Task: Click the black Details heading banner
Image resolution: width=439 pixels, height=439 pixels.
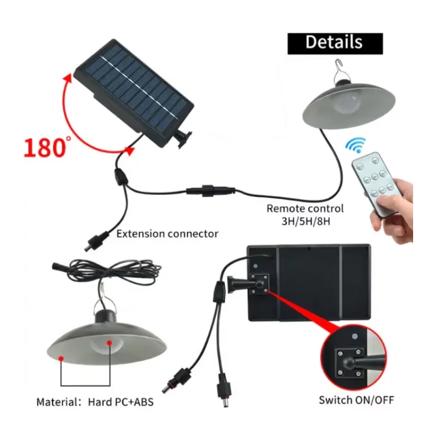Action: pyautogui.click(x=335, y=44)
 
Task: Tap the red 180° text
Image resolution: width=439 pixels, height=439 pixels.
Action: pyautogui.click(x=47, y=147)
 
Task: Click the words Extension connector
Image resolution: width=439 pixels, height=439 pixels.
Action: pyautogui.click(x=167, y=234)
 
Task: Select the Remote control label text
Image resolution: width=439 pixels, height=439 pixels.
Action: pyautogui.click(x=305, y=209)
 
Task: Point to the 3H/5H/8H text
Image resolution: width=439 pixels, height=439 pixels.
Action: pyautogui.click(x=305, y=222)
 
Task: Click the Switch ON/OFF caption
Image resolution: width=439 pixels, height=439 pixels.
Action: pyautogui.click(x=357, y=399)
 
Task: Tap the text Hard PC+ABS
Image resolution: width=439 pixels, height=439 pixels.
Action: pyautogui.click(x=121, y=402)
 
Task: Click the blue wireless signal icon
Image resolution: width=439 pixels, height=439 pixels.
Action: pyautogui.click(x=356, y=145)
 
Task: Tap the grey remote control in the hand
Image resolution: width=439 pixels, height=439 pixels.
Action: pyautogui.click(x=374, y=183)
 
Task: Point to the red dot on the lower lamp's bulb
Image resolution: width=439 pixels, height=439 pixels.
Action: pyautogui.click(x=110, y=343)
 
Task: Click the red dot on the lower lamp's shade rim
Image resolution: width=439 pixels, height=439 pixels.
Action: pyautogui.click(x=61, y=359)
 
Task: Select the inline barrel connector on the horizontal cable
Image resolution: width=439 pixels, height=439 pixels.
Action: pyautogui.click(x=210, y=191)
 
